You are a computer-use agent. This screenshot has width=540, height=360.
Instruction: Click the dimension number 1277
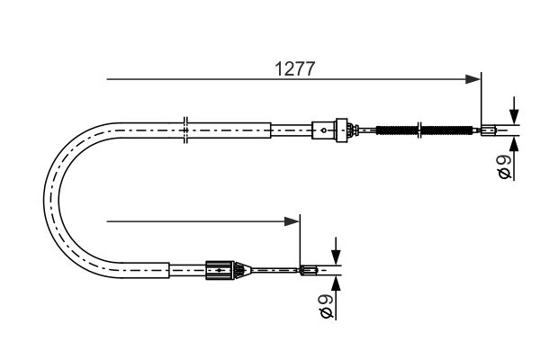pos(295,69)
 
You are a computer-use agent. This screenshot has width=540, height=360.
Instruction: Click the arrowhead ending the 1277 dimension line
pos(472,79)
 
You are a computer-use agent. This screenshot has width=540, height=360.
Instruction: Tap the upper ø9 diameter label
pos(505,166)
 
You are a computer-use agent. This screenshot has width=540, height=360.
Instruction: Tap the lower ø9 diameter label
pos(327,306)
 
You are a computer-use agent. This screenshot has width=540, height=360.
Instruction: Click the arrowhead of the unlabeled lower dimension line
pos(292,221)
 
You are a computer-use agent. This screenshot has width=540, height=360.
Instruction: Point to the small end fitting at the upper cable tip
pos(489,130)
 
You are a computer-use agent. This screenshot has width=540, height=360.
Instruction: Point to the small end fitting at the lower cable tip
pos(308,270)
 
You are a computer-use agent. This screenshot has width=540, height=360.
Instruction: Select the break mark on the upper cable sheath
pos(185,130)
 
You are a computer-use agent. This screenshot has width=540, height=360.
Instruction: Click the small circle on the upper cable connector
pos(323,130)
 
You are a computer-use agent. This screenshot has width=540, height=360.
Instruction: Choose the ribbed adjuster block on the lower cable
pos(220,270)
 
